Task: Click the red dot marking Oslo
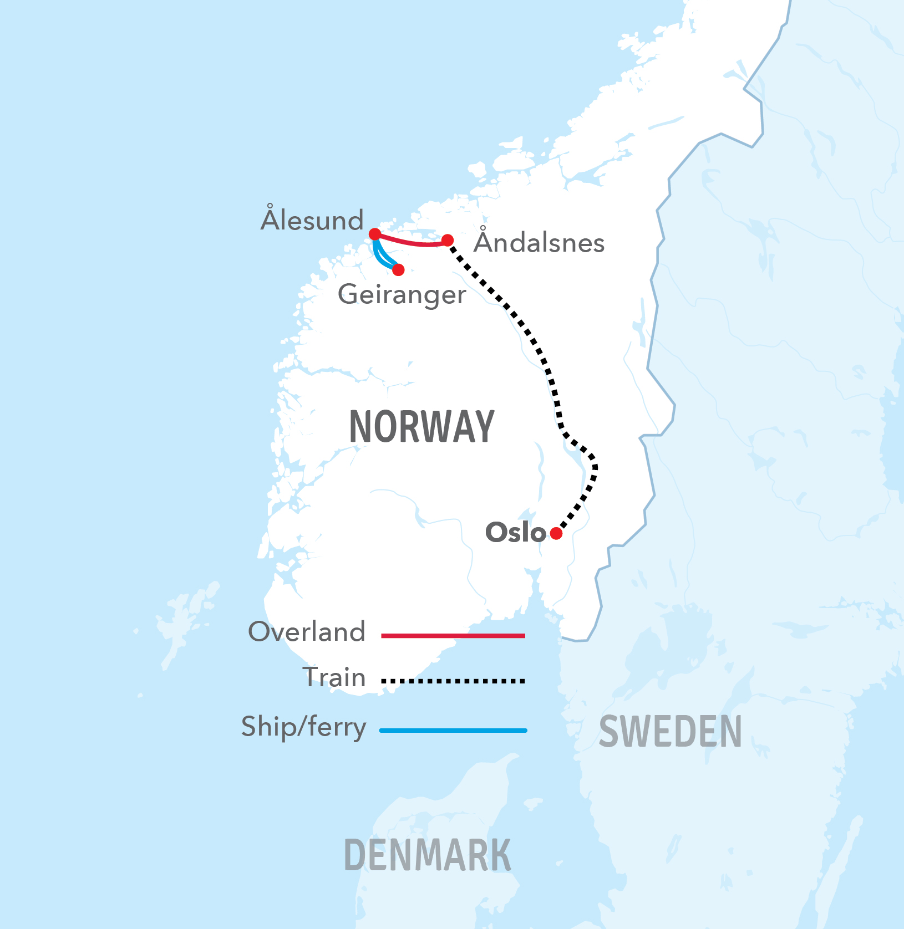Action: [x=556, y=533]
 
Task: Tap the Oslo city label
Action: [x=515, y=532]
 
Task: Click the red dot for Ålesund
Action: [x=375, y=234]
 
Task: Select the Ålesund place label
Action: [x=312, y=220]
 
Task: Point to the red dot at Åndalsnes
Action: [x=448, y=240]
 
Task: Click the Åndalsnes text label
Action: [x=539, y=242]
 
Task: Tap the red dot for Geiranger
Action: [x=398, y=270]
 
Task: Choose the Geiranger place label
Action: [x=402, y=294]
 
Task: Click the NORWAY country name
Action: [x=421, y=427]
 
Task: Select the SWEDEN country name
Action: [x=670, y=732]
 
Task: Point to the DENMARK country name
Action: [x=427, y=855]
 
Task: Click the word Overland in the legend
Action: [x=307, y=631]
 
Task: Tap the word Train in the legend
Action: [x=334, y=677]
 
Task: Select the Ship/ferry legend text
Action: [x=304, y=727]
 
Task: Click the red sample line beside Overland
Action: [x=453, y=636]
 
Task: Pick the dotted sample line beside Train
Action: [x=453, y=681]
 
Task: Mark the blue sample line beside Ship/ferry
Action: [x=453, y=731]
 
